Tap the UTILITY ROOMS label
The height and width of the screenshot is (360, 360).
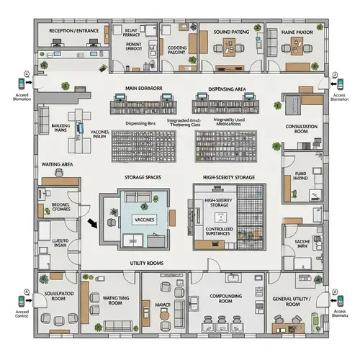[x=146, y=263]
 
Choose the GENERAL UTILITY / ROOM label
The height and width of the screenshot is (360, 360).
[x=295, y=302]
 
